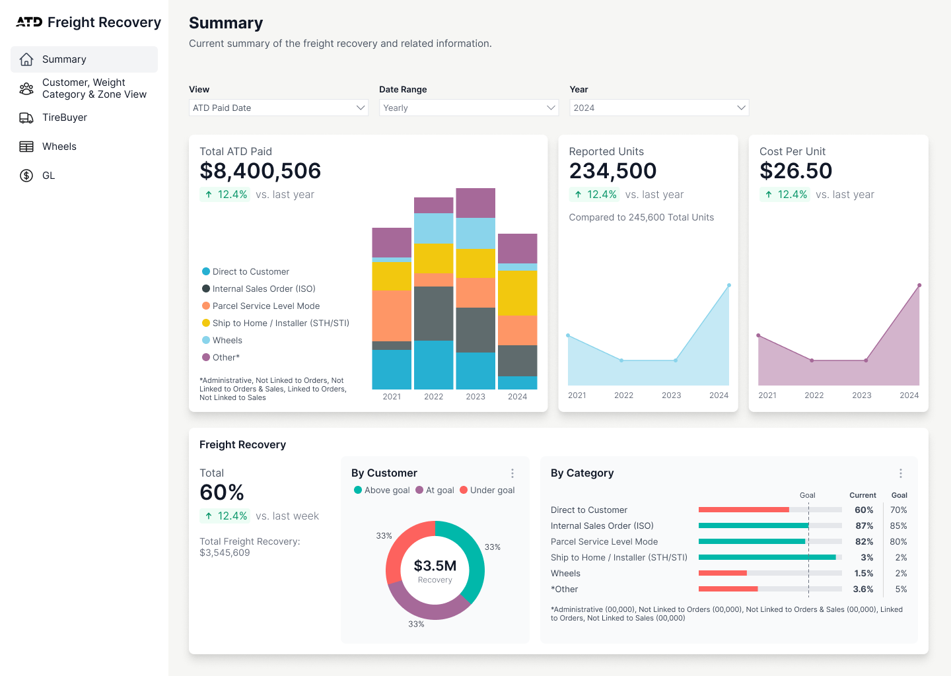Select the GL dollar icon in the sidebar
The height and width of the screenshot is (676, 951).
click(26, 175)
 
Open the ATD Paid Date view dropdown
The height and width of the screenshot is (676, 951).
click(278, 108)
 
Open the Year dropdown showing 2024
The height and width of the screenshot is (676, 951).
click(659, 108)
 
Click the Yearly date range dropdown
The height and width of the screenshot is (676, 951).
click(469, 108)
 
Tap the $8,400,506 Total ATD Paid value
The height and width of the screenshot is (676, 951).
click(260, 170)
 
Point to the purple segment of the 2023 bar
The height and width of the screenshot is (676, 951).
click(475, 203)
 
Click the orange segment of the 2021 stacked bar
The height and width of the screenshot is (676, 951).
click(392, 316)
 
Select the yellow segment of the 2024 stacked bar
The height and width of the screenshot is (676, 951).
click(518, 293)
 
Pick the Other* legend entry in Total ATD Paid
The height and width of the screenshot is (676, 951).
click(221, 357)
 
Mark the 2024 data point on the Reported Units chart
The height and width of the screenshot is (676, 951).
click(729, 285)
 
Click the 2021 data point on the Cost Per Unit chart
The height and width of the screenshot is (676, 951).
click(758, 335)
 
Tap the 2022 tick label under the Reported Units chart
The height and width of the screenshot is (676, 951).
click(623, 395)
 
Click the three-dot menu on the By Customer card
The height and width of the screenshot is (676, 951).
click(512, 473)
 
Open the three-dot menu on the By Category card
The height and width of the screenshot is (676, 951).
click(901, 473)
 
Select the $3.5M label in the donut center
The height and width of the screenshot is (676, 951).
click(435, 566)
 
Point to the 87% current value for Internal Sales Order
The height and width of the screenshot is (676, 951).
click(864, 525)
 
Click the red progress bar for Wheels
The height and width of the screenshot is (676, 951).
click(722, 573)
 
